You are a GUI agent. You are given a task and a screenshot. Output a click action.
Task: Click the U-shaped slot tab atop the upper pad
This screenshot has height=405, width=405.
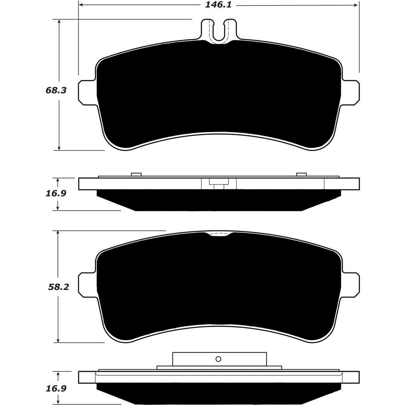tap(219, 31)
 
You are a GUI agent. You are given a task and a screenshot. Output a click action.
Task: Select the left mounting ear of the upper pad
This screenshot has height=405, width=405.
tap(86, 92)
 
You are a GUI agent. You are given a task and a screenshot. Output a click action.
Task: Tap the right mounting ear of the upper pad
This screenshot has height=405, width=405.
tap(351, 92)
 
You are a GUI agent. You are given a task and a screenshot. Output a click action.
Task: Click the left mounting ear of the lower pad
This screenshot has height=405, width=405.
tap(86, 284)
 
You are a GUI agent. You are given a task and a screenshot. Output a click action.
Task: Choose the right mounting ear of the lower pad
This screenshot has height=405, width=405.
tap(351, 284)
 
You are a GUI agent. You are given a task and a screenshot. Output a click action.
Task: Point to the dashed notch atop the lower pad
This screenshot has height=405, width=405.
tap(219, 235)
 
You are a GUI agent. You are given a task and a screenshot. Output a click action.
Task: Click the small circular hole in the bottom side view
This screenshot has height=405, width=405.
tap(219, 358)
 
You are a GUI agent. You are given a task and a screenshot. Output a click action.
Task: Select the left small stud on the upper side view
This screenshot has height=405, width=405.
tap(136, 175)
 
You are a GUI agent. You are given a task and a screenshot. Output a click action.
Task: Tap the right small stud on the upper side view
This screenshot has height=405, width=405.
tap(301, 175)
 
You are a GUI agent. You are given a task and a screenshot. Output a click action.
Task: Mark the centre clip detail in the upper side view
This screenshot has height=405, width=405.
tap(219, 183)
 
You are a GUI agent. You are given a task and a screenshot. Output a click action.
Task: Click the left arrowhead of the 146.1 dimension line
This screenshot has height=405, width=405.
tap(81, 6)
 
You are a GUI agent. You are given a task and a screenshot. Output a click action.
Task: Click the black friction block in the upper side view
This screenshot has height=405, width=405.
tap(219, 200)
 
